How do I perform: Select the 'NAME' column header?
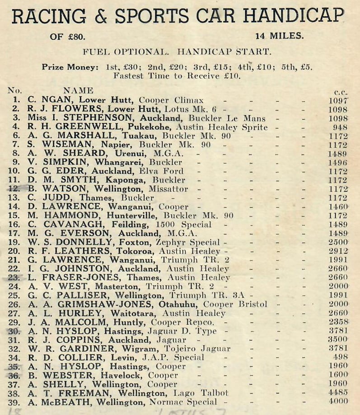click(x=78, y=91)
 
